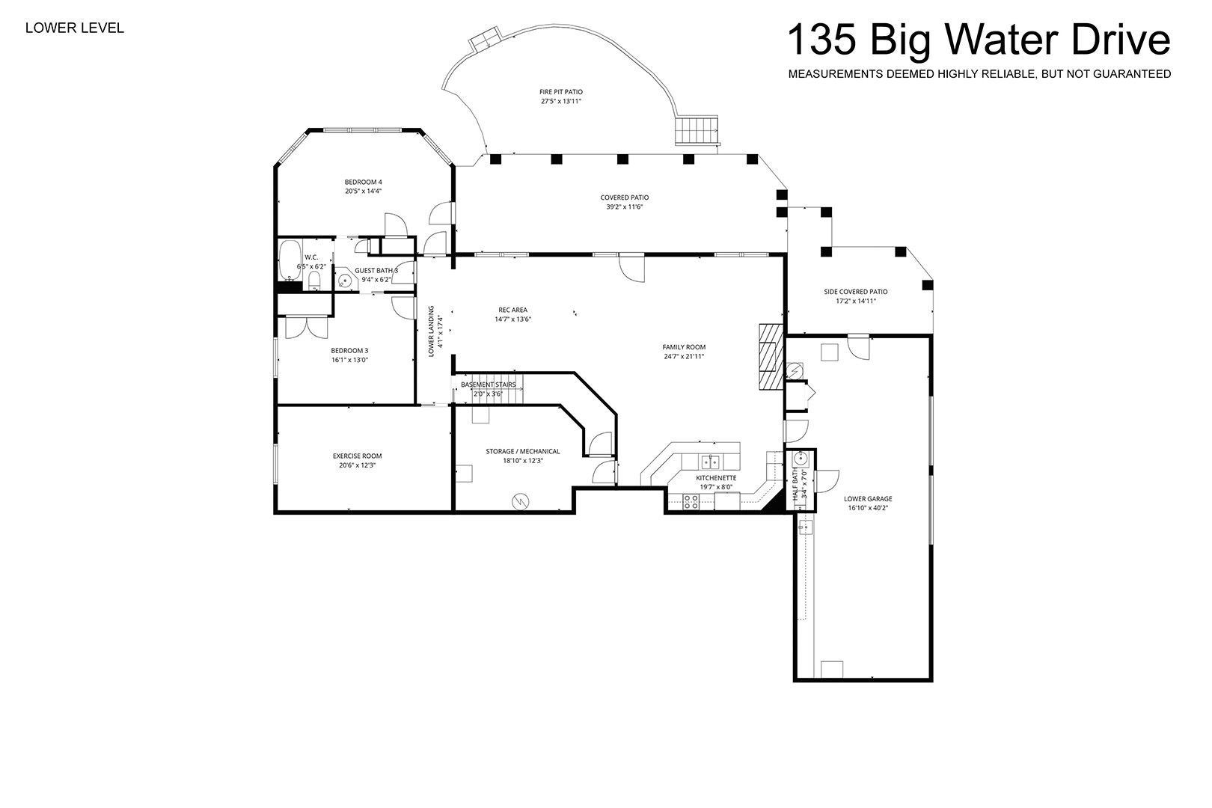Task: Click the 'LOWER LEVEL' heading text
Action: point(75,28)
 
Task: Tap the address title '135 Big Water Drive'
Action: point(979,40)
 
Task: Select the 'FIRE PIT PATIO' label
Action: point(561,92)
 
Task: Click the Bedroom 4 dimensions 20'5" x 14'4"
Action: point(364,191)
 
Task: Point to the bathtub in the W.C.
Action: point(290,260)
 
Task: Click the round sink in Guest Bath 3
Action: point(345,281)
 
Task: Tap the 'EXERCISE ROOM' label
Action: point(357,456)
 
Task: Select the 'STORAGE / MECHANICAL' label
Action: point(523,451)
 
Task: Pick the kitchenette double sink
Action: point(711,462)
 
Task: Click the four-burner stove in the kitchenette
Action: point(691,502)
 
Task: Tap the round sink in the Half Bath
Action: point(801,459)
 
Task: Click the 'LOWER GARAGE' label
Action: point(868,499)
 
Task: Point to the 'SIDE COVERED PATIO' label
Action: point(855,292)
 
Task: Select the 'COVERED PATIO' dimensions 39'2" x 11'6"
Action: point(625,206)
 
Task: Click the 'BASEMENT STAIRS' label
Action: point(488,385)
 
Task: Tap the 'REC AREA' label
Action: point(512,310)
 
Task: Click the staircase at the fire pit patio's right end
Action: point(697,130)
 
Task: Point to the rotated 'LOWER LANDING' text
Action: point(431,331)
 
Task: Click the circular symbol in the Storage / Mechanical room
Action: point(520,502)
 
